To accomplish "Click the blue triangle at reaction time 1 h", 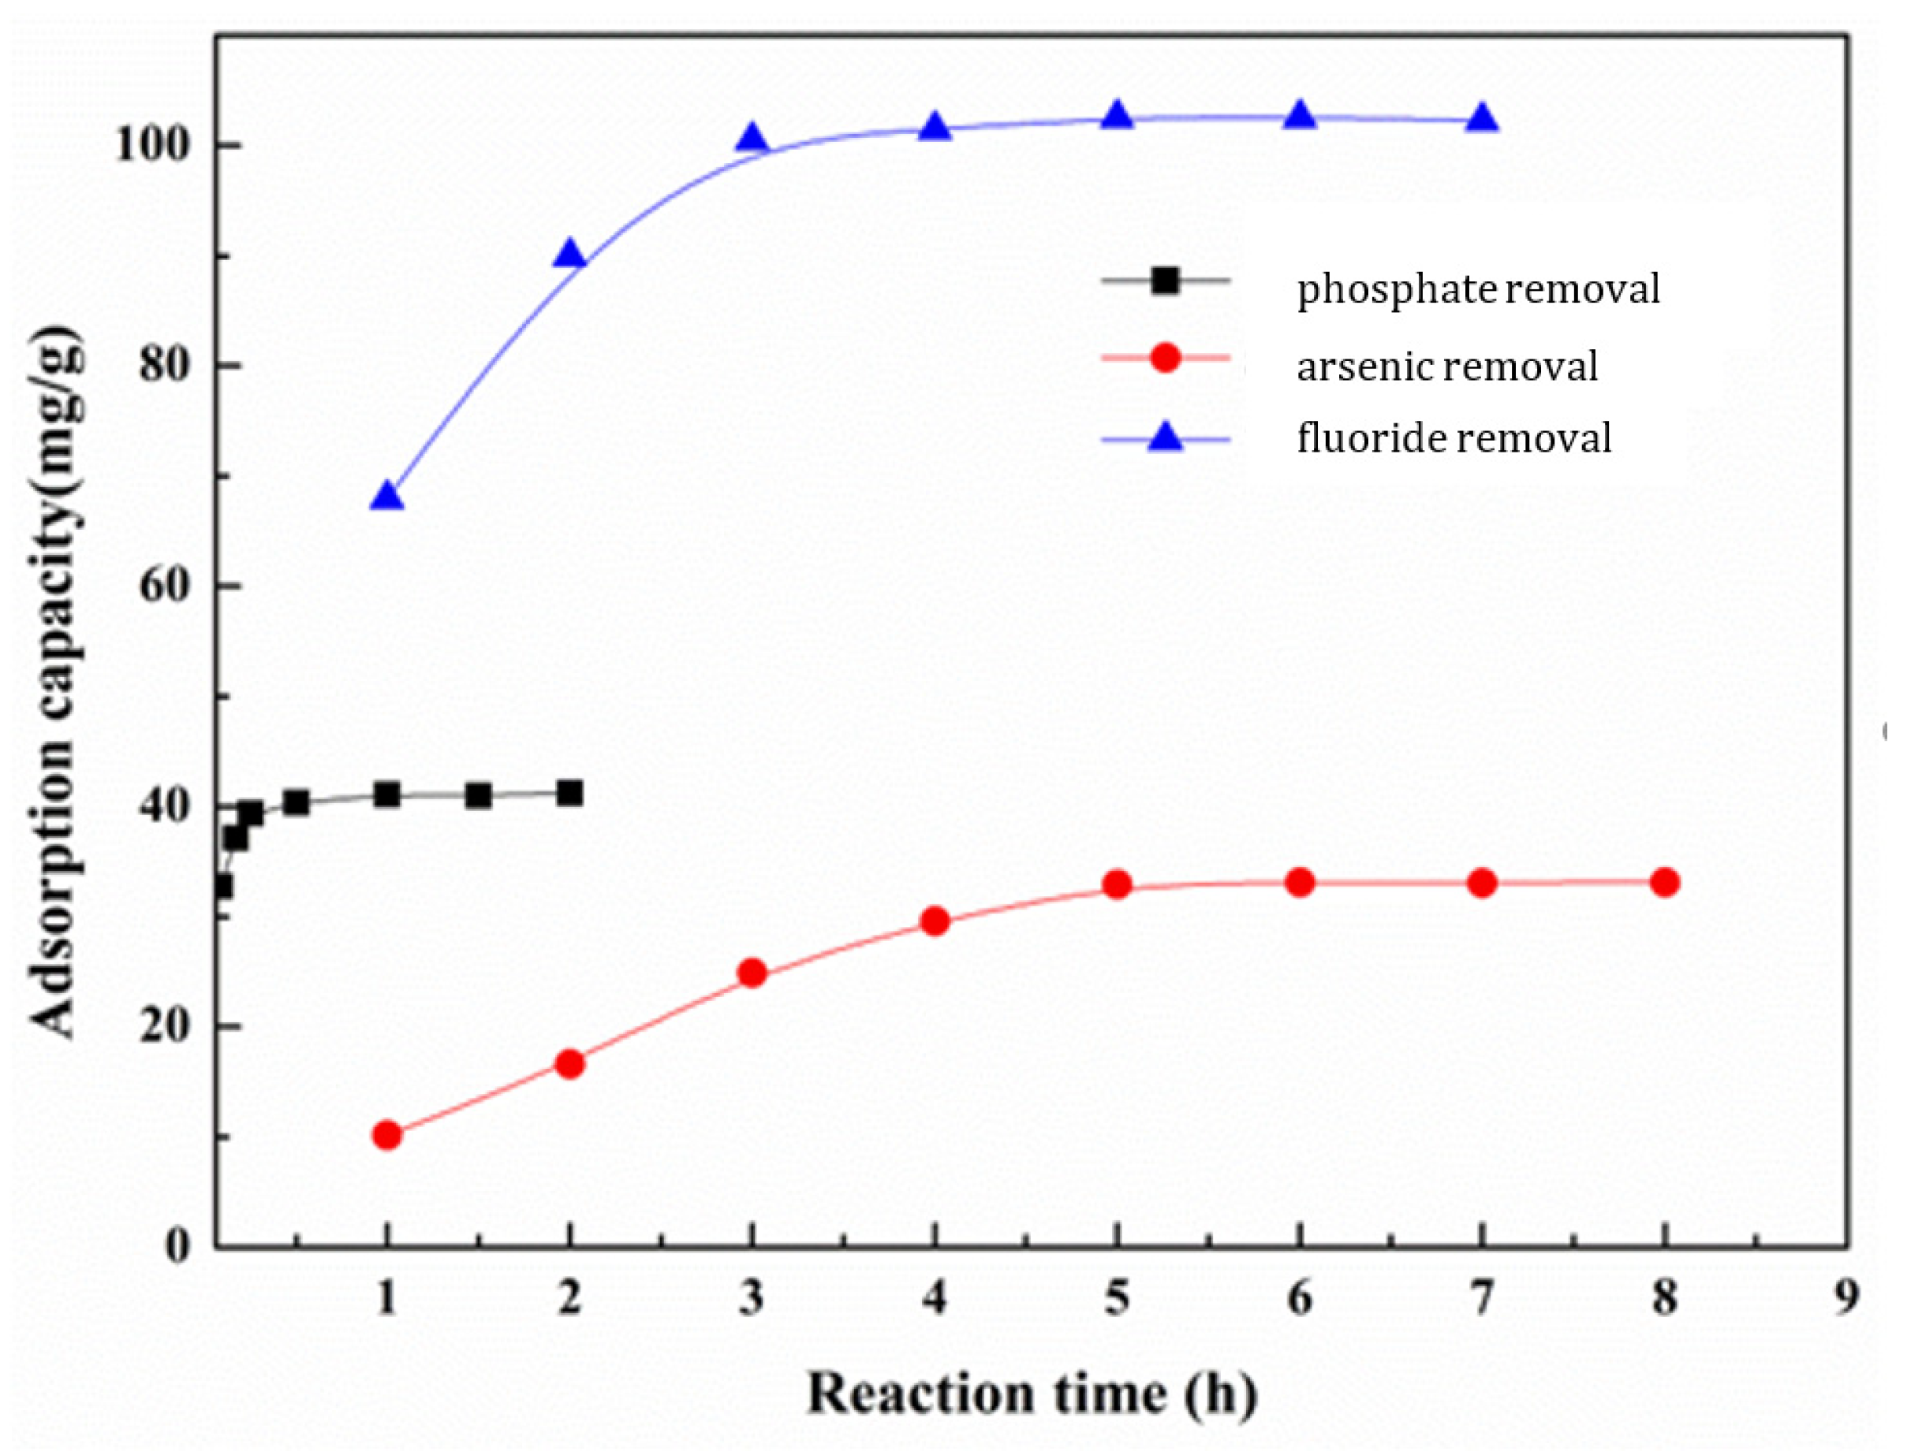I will [x=386, y=497].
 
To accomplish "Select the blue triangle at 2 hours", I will [x=569, y=255].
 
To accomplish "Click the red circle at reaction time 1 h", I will [x=386, y=1134].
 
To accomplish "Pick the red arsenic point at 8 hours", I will [x=1664, y=883].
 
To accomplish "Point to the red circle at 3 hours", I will [x=752, y=973].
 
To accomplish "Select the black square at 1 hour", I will [x=386, y=794].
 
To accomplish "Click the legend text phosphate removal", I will [x=1477, y=288].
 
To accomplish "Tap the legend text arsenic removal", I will [x=1446, y=367].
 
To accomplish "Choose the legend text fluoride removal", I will [x=1453, y=437].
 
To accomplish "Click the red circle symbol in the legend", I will [x=1166, y=357].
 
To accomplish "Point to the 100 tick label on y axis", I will [x=151, y=146].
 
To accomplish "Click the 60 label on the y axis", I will [x=164, y=586].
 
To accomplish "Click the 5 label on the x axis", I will [x=1117, y=1298].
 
